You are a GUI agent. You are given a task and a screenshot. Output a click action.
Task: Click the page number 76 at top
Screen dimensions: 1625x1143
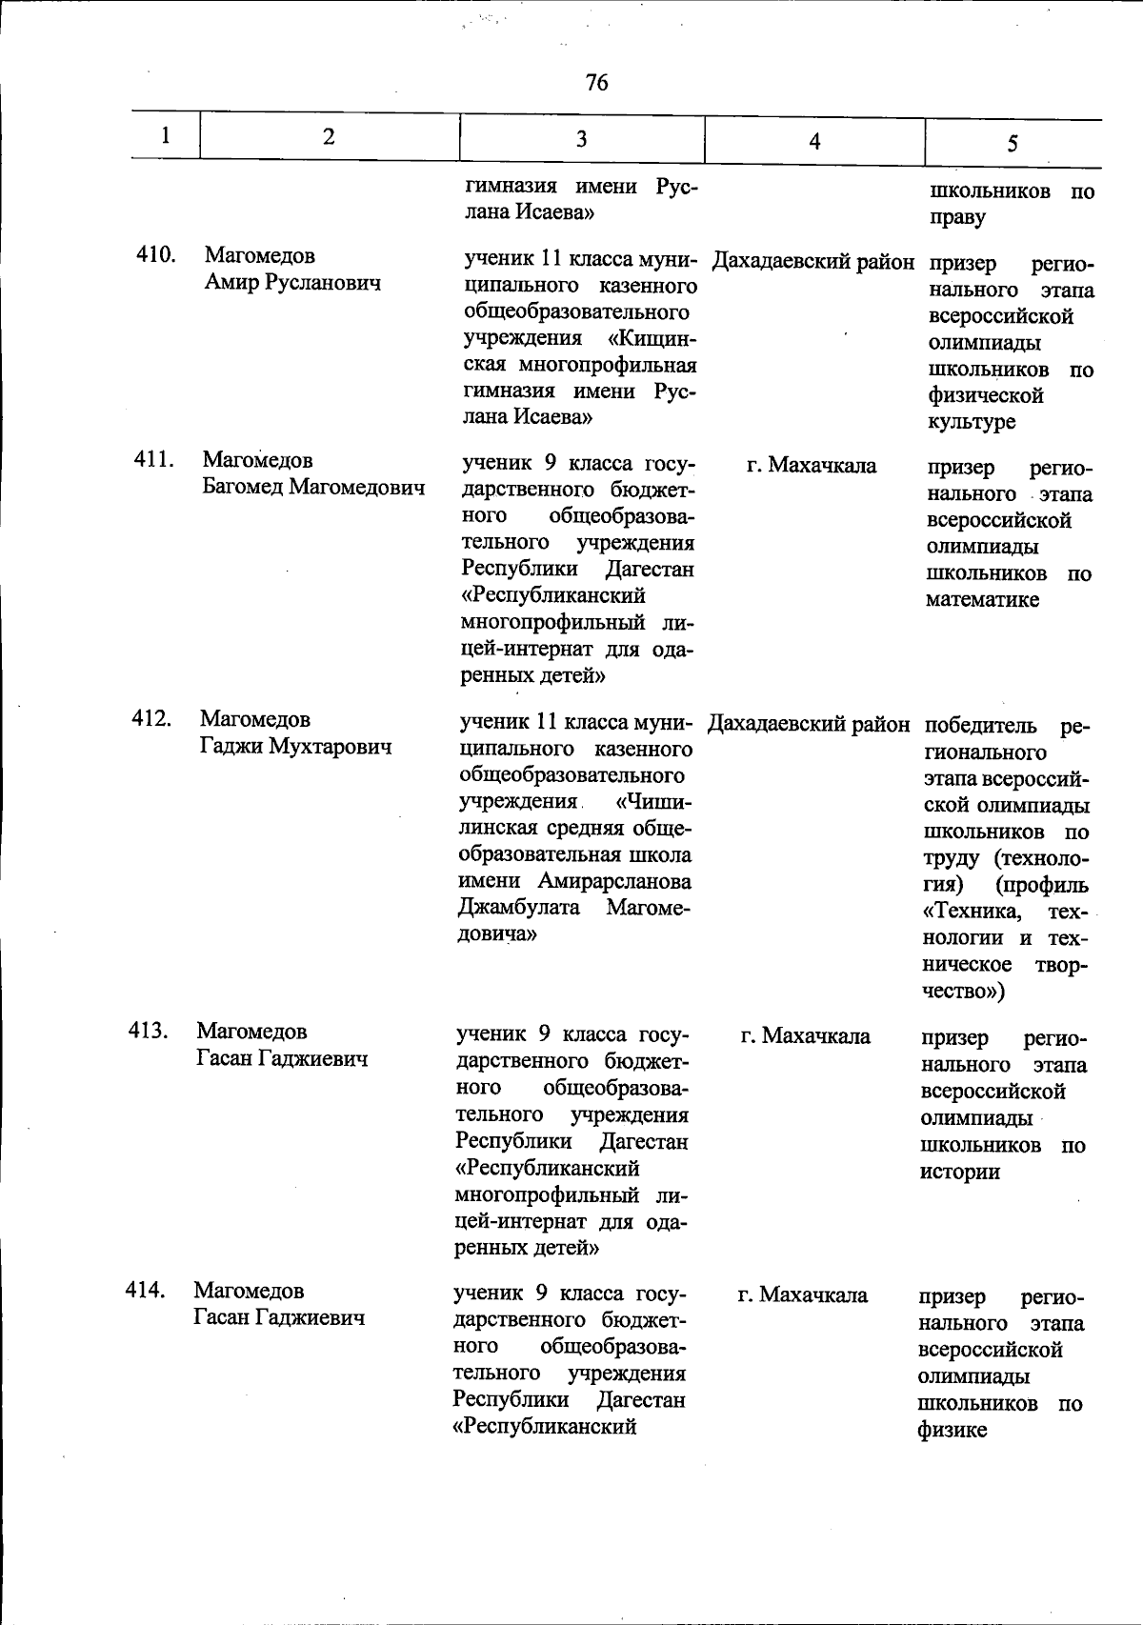[597, 83]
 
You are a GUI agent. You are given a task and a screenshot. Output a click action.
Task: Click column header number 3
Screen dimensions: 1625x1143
[581, 139]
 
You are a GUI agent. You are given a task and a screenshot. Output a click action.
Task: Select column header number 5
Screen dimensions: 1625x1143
[1012, 143]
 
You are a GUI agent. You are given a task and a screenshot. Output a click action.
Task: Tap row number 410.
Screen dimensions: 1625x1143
[153, 254]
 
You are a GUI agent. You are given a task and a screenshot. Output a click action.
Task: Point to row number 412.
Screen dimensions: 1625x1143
[150, 718]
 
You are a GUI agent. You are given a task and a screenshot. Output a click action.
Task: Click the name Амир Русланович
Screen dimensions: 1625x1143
[292, 283]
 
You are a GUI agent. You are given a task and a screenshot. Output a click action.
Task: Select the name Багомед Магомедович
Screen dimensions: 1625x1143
[312, 488]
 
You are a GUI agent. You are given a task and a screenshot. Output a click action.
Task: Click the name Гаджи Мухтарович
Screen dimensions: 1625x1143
[295, 746]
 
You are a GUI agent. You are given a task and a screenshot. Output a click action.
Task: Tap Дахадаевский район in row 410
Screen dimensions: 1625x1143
[812, 261]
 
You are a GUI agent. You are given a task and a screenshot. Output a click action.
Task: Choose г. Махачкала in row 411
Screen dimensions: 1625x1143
[812, 466]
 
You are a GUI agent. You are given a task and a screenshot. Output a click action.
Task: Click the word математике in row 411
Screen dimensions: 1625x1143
[983, 600]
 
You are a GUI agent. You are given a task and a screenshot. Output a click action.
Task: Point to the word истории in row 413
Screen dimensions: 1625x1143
[959, 1173]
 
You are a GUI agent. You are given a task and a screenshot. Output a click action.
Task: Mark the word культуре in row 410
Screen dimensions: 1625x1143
[972, 422]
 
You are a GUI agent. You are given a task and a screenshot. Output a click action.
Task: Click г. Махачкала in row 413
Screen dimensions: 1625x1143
[805, 1036]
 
